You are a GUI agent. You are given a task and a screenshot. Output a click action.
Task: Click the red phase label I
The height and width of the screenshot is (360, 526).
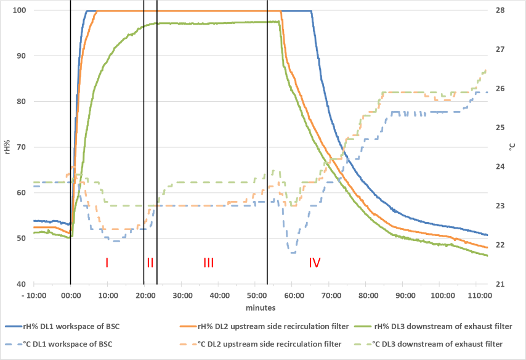(107, 263)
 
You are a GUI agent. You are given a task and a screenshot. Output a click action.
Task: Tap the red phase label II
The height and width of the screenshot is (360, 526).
(150, 263)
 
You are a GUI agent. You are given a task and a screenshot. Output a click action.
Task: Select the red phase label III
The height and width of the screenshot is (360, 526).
(208, 263)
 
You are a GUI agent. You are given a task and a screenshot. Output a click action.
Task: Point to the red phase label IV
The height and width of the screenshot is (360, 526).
(315, 263)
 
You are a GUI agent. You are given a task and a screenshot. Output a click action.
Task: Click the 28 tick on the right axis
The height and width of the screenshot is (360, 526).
(500, 10)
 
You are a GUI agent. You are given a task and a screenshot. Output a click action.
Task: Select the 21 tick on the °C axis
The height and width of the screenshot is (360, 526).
(500, 284)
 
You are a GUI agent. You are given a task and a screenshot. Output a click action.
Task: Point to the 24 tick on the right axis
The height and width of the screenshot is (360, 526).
(500, 167)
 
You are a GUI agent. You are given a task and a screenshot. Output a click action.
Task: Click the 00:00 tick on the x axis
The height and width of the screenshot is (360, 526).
(70, 295)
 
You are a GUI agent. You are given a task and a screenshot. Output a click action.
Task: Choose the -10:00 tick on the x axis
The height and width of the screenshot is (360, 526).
(32, 295)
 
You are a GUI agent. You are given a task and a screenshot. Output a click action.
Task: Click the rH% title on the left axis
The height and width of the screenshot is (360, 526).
(7, 147)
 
